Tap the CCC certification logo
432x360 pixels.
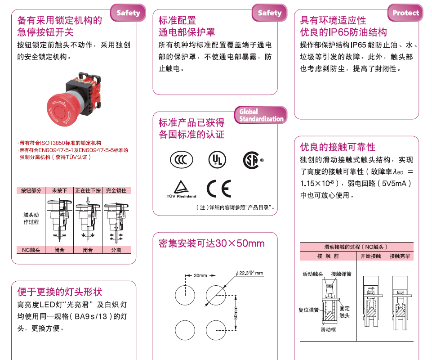pyautogui.click(x=181, y=160)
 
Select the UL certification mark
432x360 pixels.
pyautogui.click(x=217, y=160)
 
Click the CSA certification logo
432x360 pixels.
pyautogui.click(x=253, y=160)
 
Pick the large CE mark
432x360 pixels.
pyautogui.click(x=219, y=189)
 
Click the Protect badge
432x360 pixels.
pyautogui.click(x=405, y=13)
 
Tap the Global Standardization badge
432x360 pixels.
pyautogui.click(x=261, y=115)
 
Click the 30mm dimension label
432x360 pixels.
pyautogui.click(x=200, y=275)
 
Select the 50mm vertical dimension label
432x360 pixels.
pyautogui.click(x=236, y=313)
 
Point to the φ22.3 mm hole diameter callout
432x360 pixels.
pyautogui.click(x=249, y=273)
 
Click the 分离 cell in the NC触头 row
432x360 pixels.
pyautogui.click(x=116, y=250)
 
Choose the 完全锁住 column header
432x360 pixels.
pyautogui.click(x=116, y=190)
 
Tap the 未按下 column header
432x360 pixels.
pyautogui.click(x=59, y=190)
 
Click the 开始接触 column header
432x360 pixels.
pyautogui.click(x=371, y=256)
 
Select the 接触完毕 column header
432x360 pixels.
pyautogui.click(x=400, y=256)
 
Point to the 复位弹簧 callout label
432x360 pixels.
pyautogui.click(x=308, y=310)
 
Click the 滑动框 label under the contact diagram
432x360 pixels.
pyautogui.click(x=328, y=330)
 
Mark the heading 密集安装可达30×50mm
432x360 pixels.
pyautogui.click(x=212, y=243)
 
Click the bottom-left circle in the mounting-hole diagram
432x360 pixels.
pyautogui.click(x=185, y=330)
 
